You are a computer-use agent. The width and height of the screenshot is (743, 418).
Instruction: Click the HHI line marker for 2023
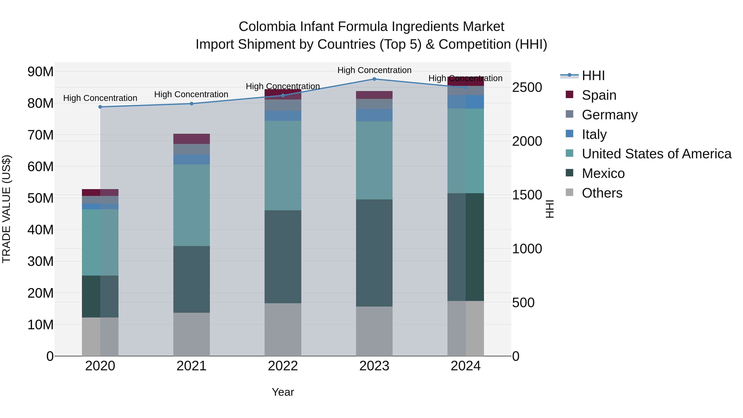coord(374,79)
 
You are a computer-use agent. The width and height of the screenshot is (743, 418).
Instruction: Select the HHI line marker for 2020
coord(100,107)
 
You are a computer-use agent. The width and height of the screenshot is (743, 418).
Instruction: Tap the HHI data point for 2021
coord(192,104)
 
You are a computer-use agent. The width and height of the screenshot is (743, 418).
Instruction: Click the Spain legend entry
coord(599,95)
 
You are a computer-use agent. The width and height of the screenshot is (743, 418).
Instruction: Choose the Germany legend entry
coord(609,115)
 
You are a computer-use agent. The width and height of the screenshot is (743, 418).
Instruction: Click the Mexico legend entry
coord(603,173)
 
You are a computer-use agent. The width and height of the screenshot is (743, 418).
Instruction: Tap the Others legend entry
coord(602,193)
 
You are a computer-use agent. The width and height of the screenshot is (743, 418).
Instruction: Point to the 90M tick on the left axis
coord(40,72)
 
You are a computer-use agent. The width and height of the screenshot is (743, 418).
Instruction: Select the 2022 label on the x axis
coord(283,366)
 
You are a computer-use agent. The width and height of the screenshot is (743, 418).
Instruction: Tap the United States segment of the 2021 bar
coord(192,205)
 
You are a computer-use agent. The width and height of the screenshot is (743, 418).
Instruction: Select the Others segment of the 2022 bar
coord(283,329)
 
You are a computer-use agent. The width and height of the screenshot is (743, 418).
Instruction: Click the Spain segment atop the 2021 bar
coord(192,139)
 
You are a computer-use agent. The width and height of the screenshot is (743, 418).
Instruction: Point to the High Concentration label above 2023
coord(374,70)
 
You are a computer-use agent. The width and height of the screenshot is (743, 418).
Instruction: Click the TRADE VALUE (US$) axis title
coord(6,209)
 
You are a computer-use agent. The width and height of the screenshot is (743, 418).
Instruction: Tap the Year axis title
coord(283,392)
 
